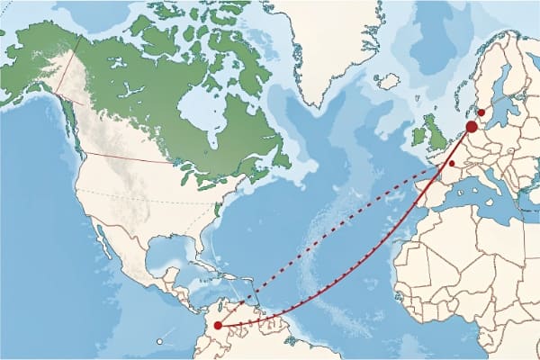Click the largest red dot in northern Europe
[x=472, y=128]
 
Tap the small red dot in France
[x=452, y=164]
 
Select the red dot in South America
[x=218, y=325]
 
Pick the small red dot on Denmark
[x=481, y=112]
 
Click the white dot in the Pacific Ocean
[x=158, y=341]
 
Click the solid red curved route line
[x=360, y=270]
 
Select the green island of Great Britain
[x=439, y=130]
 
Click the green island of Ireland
[x=418, y=137]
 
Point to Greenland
[x=324, y=45]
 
